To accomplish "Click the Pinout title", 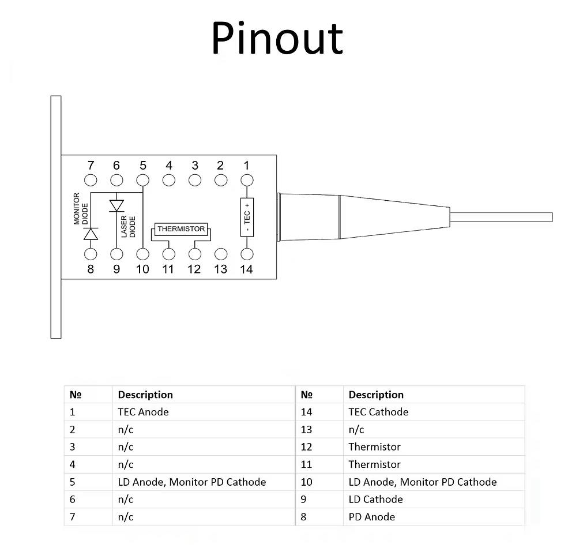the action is pos(277,38).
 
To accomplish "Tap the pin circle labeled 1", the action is pos(247,180).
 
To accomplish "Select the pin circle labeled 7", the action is pos(91,180).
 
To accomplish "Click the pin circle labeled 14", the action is pos(247,254).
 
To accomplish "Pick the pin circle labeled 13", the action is pos(221,254).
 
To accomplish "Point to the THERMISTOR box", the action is pos(181,228).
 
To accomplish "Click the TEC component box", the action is pos(247,217).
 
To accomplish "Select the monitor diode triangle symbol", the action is pos(91,234).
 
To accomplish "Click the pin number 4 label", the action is pos(169,165).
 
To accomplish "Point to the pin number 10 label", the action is pos(142,269).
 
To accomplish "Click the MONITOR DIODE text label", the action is pos(81,209).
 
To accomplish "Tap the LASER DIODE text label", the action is pos(128,227).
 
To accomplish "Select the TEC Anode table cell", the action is pos(143,412).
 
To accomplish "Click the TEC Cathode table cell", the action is pos(378,412).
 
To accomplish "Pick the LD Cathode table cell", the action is pos(375,499).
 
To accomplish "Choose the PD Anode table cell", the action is pos(371,517).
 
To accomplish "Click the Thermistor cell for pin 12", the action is pos(374,447).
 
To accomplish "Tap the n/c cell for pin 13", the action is pos(356,430).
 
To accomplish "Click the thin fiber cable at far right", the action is pos(501,217).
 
